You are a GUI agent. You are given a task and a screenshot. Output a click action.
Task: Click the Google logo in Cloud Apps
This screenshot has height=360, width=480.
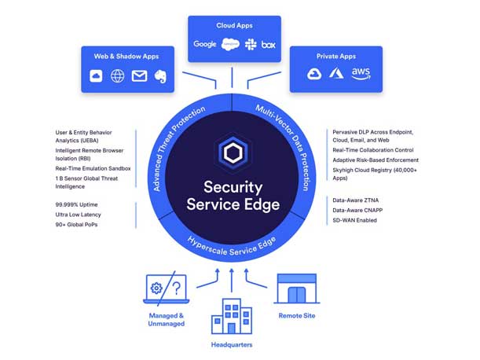pyautogui.click(x=205, y=44)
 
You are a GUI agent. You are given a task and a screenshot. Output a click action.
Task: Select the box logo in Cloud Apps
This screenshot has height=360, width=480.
pyautogui.click(x=269, y=44)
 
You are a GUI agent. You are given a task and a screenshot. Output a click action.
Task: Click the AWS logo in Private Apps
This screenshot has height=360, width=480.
pyautogui.click(x=361, y=73)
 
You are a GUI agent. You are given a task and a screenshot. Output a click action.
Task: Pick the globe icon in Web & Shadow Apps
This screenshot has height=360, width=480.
pyautogui.click(x=117, y=76)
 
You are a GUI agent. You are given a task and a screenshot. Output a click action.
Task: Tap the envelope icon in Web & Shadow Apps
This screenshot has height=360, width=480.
pyautogui.click(x=139, y=76)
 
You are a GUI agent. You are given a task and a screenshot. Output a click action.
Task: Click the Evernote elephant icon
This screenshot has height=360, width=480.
pyautogui.click(x=161, y=76)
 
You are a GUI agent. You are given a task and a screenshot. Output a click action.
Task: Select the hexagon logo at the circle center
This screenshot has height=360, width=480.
pyautogui.click(x=233, y=153)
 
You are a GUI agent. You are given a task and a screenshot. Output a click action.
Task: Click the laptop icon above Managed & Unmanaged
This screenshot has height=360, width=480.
pyautogui.click(x=164, y=288)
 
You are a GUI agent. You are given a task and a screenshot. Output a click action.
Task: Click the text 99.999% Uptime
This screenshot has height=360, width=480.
pyautogui.click(x=78, y=203)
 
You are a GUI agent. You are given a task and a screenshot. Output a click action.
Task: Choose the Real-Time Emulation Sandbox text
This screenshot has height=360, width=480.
pyautogui.click(x=93, y=168)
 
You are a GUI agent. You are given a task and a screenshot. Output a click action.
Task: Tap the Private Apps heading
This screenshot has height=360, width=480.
pyautogui.click(x=336, y=57)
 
